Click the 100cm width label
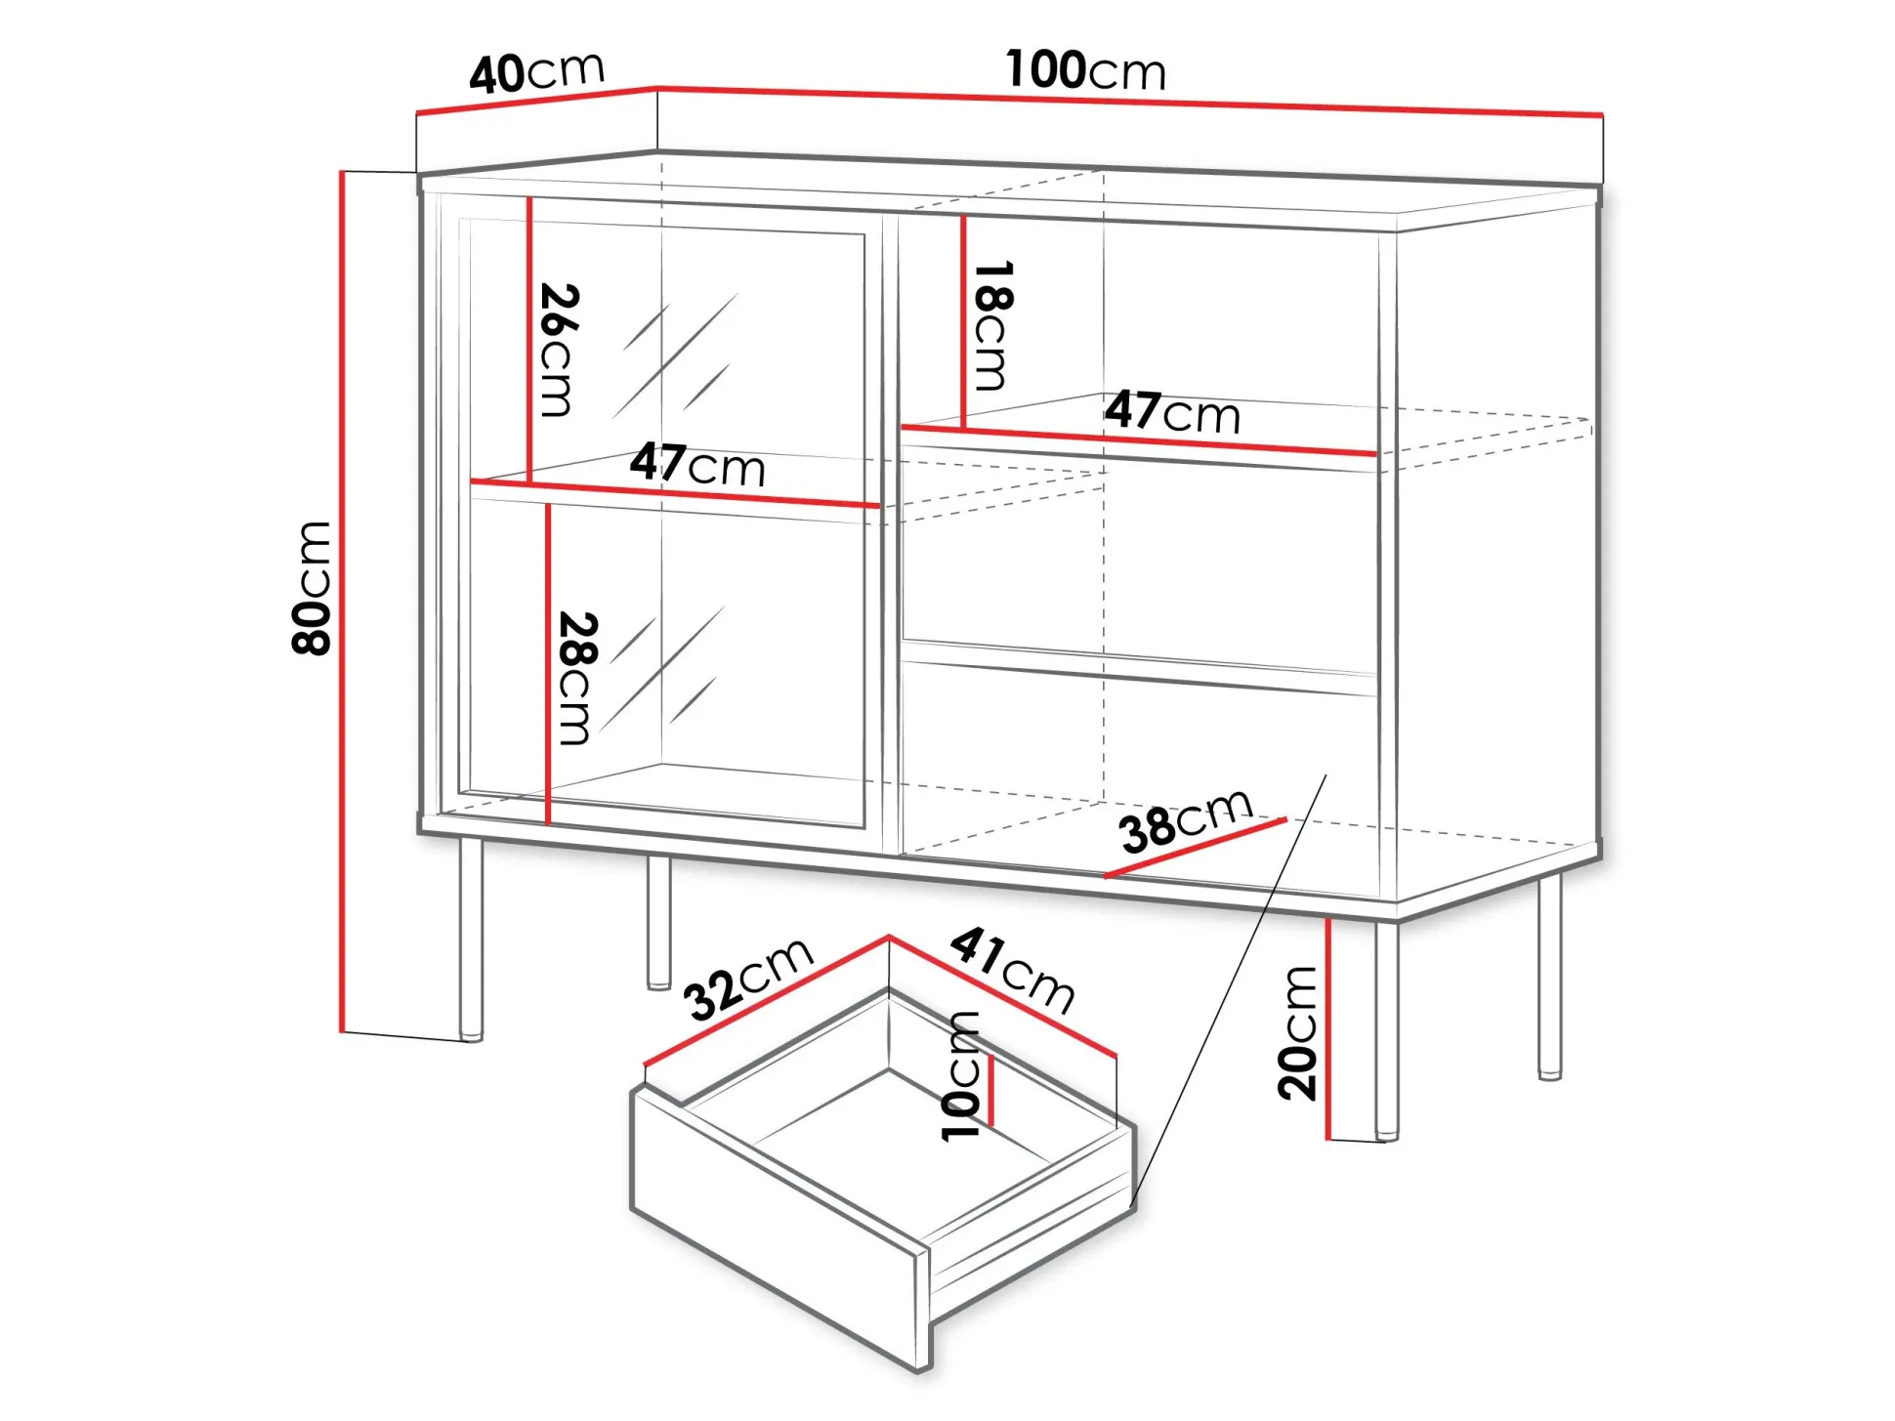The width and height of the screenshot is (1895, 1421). [x=1085, y=70]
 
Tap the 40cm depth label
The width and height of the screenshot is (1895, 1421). [x=537, y=72]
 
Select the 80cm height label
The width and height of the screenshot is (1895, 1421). [x=313, y=587]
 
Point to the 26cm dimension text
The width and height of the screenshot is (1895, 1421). [x=560, y=350]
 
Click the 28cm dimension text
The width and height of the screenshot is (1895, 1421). [x=576, y=679]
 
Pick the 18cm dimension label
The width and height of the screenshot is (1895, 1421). [x=992, y=325]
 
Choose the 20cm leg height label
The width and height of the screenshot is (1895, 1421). [x=1298, y=1033]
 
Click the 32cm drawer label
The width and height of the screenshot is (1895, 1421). [x=747, y=980]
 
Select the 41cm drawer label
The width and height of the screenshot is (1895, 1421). [x=1013, y=970]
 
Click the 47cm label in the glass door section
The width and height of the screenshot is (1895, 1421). [x=697, y=465]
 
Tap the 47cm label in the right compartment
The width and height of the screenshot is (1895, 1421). [x=1172, y=411]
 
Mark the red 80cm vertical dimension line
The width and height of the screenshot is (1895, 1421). [x=343, y=602]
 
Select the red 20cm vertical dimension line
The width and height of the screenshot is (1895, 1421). [x=1328, y=1028]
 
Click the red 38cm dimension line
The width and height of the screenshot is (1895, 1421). [x=1196, y=848]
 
